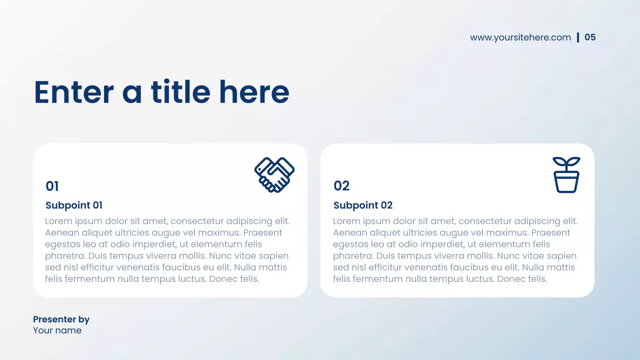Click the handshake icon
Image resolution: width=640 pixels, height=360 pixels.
click(274, 174)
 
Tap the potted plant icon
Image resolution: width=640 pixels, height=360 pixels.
click(566, 174)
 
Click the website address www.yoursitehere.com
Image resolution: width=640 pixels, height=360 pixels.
click(520, 37)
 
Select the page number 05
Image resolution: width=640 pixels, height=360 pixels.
click(590, 37)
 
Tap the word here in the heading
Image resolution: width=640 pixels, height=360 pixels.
click(254, 92)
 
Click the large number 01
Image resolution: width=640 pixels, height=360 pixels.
click(52, 186)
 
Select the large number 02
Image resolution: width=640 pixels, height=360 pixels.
click(341, 186)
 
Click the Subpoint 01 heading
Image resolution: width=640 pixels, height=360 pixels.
click(74, 205)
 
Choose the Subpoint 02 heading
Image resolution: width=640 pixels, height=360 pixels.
click(363, 205)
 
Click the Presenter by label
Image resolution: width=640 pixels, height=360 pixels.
click(61, 319)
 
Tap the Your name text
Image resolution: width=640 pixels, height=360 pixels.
click(57, 330)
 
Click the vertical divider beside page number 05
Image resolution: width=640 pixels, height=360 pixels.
click(578, 37)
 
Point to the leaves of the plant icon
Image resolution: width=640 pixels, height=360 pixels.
click(566, 163)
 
